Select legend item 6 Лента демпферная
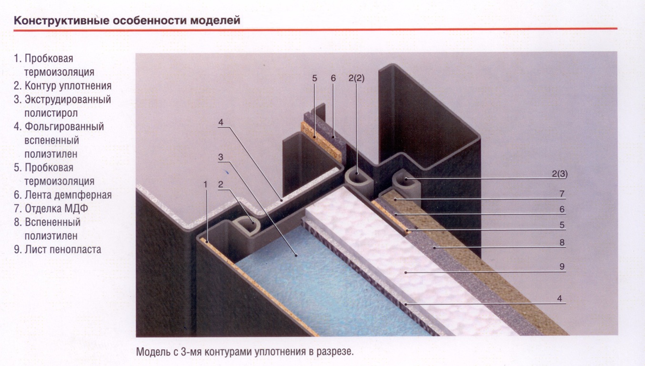pyautogui.click(x=63, y=195)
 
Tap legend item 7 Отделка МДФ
pyautogui.click(x=51, y=208)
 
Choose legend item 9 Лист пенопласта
pyautogui.click(x=58, y=249)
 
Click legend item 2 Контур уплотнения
pyautogui.click(x=63, y=86)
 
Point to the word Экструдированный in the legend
pyautogui.click(x=68, y=99)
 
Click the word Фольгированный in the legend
pyautogui.click(x=64, y=127)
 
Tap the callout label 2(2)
pyautogui.click(x=356, y=78)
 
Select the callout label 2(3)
pyautogui.click(x=560, y=174)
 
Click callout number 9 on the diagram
pyautogui.click(x=562, y=266)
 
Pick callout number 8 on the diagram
pyautogui.click(x=562, y=243)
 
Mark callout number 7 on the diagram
pyautogui.click(x=562, y=194)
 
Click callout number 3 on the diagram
pyautogui.click(x=221, y=157)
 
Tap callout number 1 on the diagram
pyautogui.click(x=205, y=184)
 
